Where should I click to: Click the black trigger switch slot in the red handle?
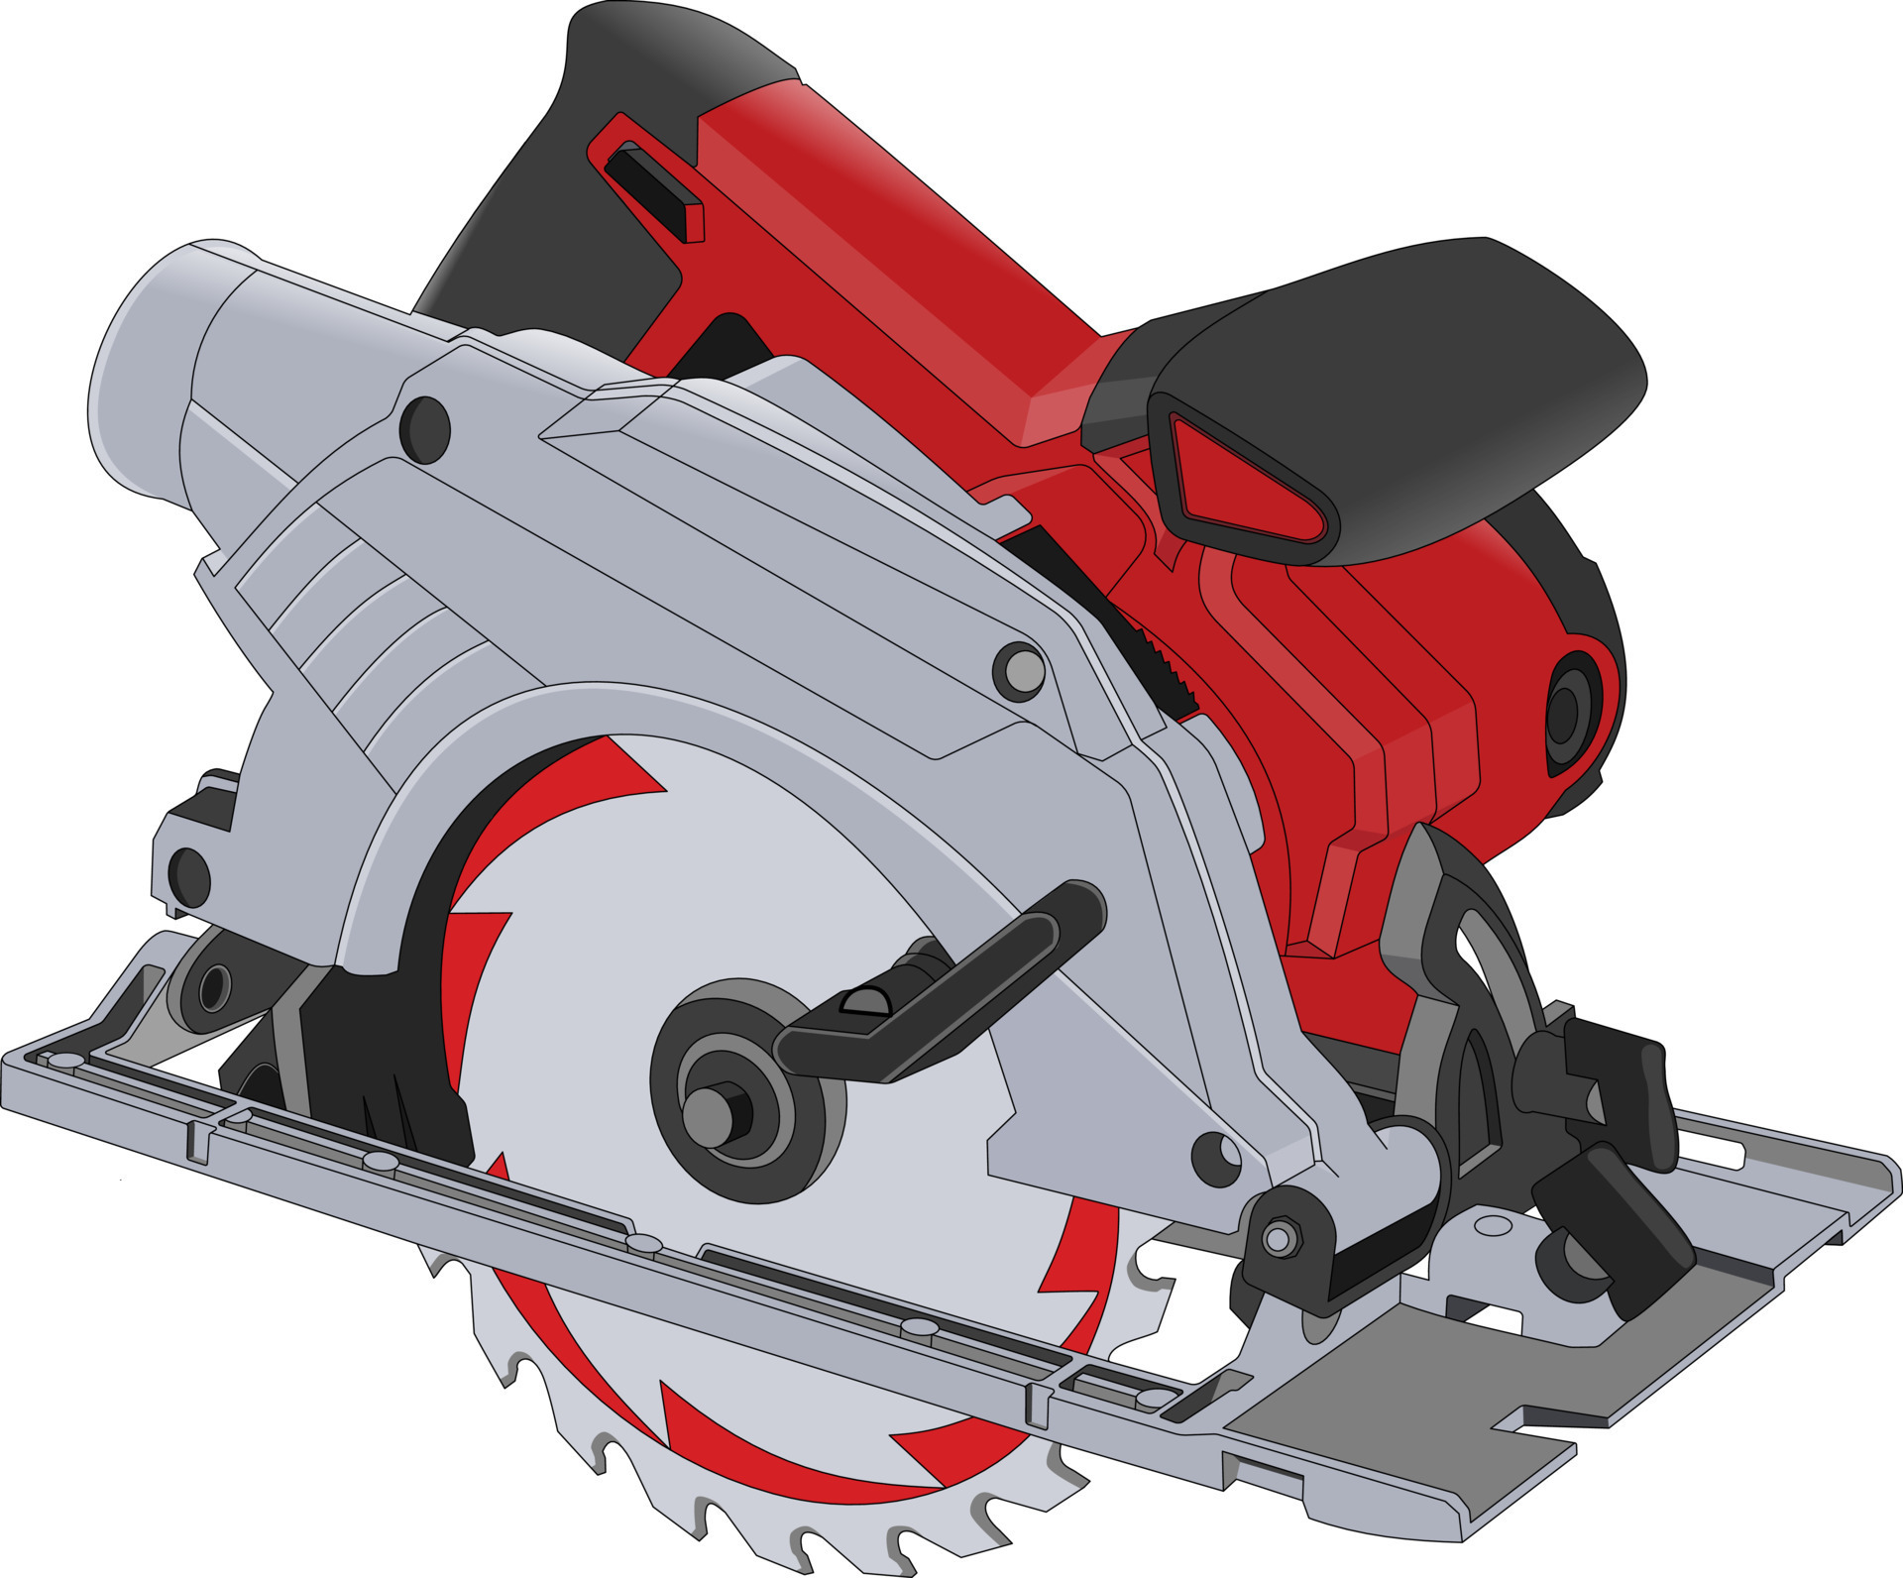click(654, 188)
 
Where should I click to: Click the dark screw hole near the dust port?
click(426, 429)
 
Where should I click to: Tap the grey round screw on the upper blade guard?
click(1019, 672)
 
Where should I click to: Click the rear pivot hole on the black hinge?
click(212, 988)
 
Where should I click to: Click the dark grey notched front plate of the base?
click(1407, 1408)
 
